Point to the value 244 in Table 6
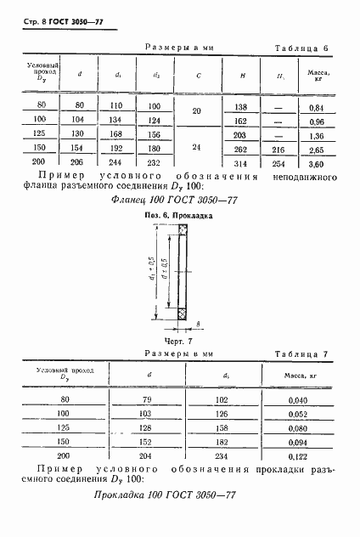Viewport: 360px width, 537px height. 117,161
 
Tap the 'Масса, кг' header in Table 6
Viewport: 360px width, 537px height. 315,76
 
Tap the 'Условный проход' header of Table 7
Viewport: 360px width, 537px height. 65,373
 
